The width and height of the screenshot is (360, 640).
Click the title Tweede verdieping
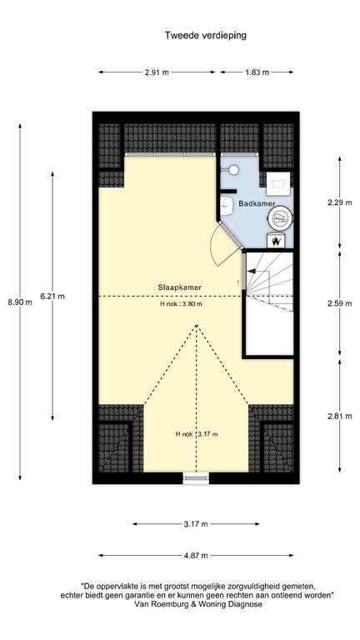click(205, 36)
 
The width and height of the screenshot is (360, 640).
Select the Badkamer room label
click(257, 203)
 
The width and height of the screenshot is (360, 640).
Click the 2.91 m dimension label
click(157, 72)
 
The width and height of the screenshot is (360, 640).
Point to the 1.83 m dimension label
click(257, 72)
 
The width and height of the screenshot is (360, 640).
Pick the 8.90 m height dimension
click(20, 302)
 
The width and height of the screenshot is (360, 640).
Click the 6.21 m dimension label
click(52, 297)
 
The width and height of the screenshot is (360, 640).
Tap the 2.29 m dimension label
click(340, 202)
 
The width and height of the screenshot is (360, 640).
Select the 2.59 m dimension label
click(340, 303)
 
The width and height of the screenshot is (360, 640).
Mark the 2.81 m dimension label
click(340, 417)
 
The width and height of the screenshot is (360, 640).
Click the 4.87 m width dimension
click(196, 555)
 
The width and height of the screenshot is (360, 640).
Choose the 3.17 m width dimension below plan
click(196, 524)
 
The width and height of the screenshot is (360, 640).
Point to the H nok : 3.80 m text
click(181, 304)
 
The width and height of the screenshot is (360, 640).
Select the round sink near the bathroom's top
click(233, 169)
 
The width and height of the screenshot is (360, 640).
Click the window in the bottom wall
click(196, 478)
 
